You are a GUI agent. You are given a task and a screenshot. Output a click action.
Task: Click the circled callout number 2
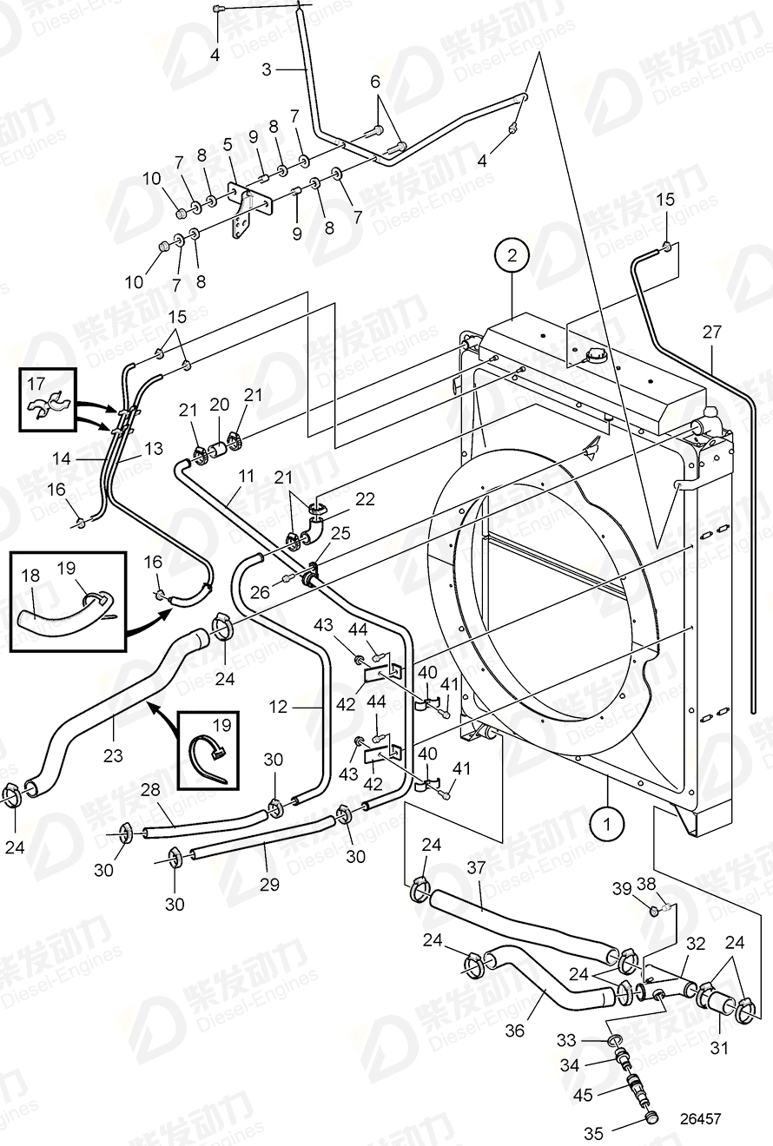point(512,255)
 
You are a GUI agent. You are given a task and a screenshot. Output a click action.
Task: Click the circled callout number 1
point(608,820)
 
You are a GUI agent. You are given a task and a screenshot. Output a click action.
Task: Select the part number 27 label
point(712,331)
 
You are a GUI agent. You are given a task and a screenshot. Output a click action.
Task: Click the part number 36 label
point(515,1031)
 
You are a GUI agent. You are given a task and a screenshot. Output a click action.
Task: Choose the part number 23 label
point(113,755)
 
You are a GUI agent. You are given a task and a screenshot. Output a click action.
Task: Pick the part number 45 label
point(583,1096)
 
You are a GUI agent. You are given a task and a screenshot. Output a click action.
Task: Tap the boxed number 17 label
point(36,382)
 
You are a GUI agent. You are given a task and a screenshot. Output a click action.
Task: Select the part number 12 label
point(278,707)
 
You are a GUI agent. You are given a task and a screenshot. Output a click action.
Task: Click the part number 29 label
point(269,885)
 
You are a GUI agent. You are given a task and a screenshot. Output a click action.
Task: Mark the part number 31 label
point(718,1048)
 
